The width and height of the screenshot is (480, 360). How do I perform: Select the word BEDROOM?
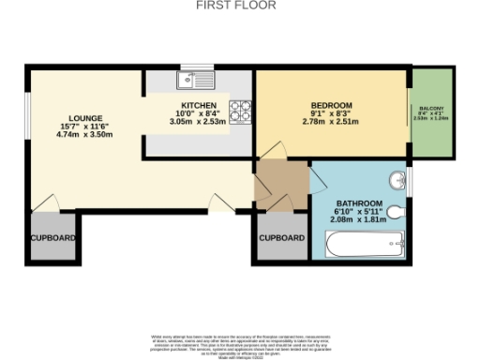click(331, 104)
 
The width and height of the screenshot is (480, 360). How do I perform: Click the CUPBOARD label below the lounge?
click(52, 238)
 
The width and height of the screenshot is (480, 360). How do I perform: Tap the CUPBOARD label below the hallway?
click(282, 238)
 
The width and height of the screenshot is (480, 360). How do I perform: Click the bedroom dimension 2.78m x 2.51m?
click(331, 122)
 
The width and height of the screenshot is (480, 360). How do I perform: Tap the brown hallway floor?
click(281, 181)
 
